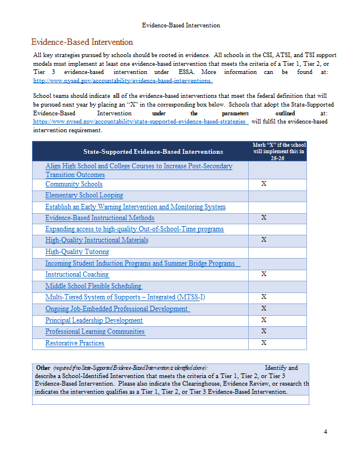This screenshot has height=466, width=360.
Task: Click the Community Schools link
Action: point(74,184)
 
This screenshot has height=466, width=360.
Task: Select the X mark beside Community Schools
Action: point(264,184)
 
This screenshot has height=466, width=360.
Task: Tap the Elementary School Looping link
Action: point(84,196)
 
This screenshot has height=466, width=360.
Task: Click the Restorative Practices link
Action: point(75,343)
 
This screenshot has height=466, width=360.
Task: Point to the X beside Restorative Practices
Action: point(264,343)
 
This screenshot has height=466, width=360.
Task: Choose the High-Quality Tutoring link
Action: point(77,252)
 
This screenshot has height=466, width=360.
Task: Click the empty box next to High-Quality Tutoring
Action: point(277,252)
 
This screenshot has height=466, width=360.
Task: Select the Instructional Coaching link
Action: point(77,274)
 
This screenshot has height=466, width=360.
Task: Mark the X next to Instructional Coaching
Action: point(264,274)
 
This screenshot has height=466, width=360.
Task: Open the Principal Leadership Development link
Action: point(94,320)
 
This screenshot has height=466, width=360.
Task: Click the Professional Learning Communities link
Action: point(95,331)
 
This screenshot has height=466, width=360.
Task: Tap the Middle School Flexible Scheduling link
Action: point(93,286)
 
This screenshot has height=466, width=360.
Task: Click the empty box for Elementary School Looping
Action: point(277,196)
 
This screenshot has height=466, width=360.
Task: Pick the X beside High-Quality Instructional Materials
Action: point(264,240)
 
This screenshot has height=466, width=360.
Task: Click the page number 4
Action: point(326,432)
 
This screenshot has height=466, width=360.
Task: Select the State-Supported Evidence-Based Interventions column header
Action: point(153,151)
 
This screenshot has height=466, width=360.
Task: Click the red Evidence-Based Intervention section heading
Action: point(82,42)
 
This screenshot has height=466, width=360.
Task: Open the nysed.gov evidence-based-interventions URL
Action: point(122,80)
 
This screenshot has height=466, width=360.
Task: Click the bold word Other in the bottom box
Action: point(43,368)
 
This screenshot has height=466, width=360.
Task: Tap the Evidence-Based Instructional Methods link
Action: point(100,218)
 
